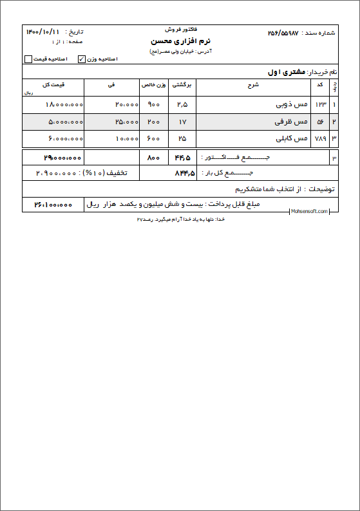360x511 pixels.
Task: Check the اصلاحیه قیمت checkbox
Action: pos(28,59)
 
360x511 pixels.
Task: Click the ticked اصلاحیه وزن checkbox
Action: pos(81,59)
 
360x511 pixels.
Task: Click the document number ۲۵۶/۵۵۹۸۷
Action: pos(287,32)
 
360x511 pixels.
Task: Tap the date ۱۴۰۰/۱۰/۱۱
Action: pos(43,32)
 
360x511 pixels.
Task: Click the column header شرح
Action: pos(252,84)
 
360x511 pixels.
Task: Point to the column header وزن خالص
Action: pos(154,84)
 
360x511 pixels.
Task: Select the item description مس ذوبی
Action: pos(290,104)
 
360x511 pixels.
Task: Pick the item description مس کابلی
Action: pos(290,138)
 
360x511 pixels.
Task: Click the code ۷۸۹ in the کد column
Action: pos(321,138)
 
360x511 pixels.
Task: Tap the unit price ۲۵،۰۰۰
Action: pos(127,122)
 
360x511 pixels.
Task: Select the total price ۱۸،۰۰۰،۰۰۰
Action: pos(64,104)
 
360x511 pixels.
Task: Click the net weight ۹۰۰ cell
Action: pos(154,104)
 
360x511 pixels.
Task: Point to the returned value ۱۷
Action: pos(182,122)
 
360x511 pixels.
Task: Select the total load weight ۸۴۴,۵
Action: pos(184,172)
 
